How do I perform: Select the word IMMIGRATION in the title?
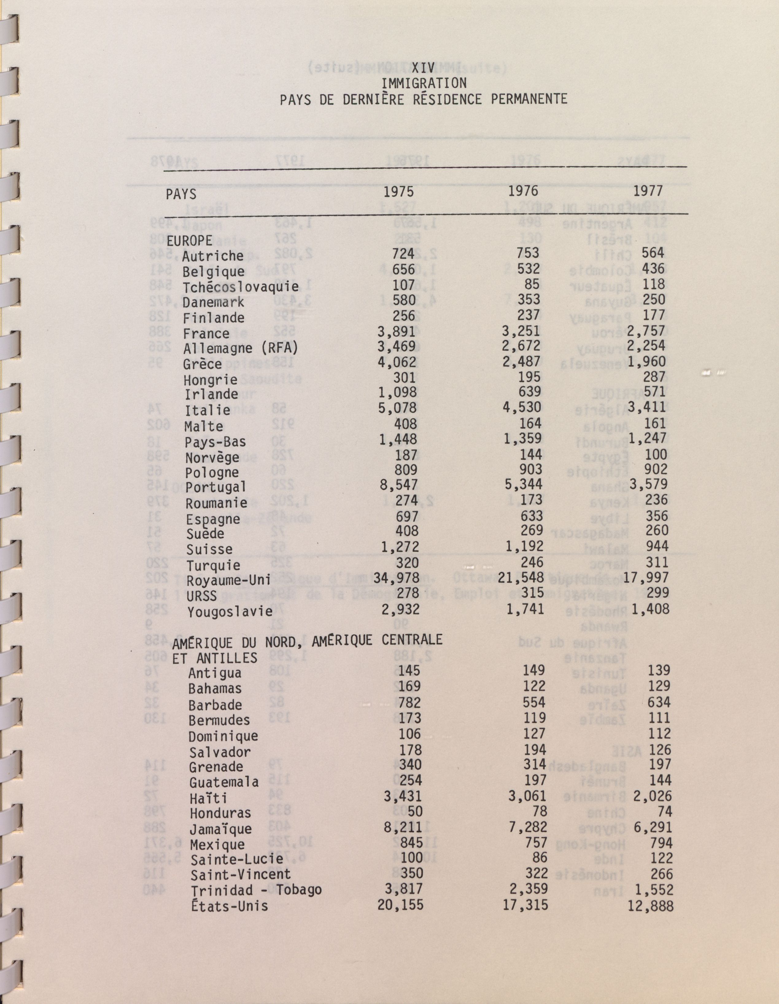click(x=424, y=83)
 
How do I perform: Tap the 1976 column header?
click(x=523, y=191)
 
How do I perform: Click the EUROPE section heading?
click(x=189, y=240)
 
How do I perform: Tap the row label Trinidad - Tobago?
click(x=256, y=890)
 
